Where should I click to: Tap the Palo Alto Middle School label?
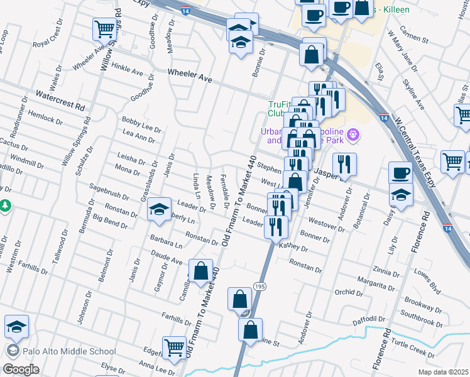click(69, 352)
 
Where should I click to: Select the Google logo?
click(21, 369)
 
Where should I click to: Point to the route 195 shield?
click(260, 286)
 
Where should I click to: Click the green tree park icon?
click(4, 206)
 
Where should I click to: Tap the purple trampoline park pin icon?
click(353, 134)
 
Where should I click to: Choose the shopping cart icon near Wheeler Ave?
click(105, 28)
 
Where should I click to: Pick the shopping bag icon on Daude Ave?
click(200, 271)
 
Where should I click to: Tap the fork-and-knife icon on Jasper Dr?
click(344, 164)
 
